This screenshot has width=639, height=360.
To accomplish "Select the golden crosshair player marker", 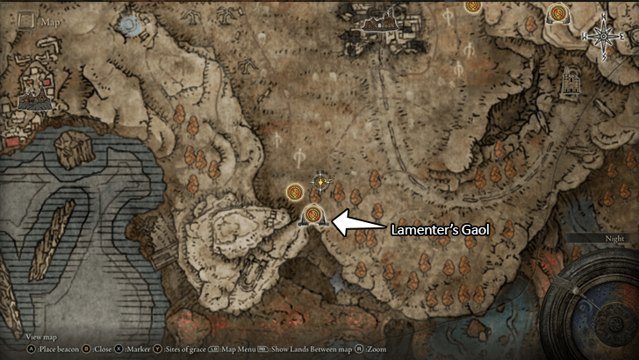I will click(x=322, y=182).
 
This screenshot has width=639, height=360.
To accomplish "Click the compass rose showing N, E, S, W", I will click(x=604, y=35).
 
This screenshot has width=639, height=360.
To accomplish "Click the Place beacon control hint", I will click(x=45, y=349).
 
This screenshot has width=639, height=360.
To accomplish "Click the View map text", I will click(x=41, y=337).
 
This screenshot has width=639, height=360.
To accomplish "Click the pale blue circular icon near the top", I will click(x=132, y=25).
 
